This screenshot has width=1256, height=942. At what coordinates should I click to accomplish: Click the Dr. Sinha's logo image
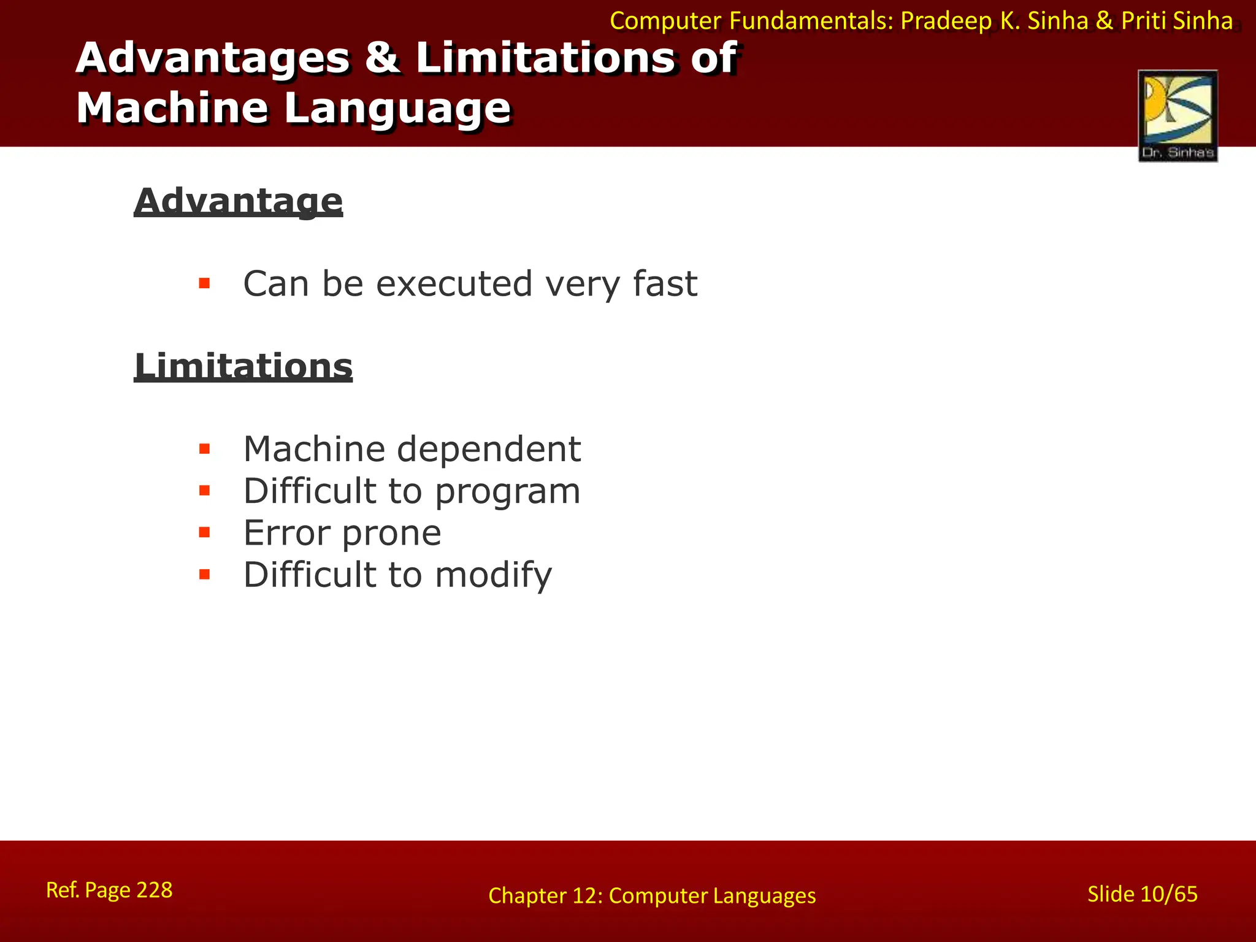[x=1177, y=116]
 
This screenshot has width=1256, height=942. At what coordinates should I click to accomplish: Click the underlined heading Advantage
[x=238, y=201]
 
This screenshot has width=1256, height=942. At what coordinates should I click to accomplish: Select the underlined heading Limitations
[x=243, y=366]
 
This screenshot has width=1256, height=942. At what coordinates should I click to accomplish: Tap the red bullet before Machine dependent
[x=204, y=449]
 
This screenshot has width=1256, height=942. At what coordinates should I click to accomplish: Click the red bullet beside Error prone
[x=204, y=532]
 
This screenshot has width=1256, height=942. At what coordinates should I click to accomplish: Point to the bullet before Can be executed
[x=204, y=283]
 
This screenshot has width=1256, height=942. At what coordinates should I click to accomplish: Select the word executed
[x=454, y=283]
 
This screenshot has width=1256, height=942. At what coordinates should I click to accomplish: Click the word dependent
[x=489, y=449]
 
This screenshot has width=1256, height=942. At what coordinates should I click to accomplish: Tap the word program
[x=507, y=492]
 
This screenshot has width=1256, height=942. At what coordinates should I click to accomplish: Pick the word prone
[x=391, y=534]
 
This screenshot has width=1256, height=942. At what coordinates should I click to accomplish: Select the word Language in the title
[x=397, y=108]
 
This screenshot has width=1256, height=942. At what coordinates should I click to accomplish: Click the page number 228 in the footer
[x=154, y=890]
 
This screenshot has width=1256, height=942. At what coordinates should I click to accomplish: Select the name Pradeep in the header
[x=946, y=21]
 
